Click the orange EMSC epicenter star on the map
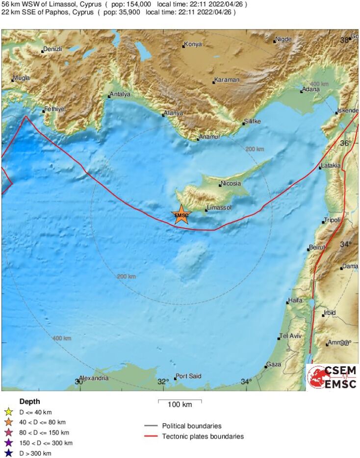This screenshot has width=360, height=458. pyautogui.click(x=181, y=215)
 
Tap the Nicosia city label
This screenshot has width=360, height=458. pyautogui.click(x=231, y=183)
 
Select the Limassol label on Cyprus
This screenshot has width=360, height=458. pyautogui.click(x=219, y=208)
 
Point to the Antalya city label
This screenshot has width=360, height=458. pyautogui.click(x=121, y=94)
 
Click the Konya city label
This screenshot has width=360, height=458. pyautogui.click(x=193, y=44)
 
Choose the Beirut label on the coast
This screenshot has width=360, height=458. pyautogui.click(x=317, y=247)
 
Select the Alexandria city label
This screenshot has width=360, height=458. pyautogui.click(x=94, y=378)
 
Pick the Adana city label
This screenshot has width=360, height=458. pyautogui.click(x=311, y=89)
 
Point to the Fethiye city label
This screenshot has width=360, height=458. pyautogui.click(x=54, y=109)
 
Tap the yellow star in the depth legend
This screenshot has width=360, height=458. pyautogui.click(x=8, y=412)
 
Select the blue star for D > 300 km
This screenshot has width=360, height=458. pyautogui.click(x=8, y=453)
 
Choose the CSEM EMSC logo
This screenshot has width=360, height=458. pyautogui.click(x=332, y=377)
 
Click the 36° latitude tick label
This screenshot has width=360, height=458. pyautogui.click(x=346, y=143)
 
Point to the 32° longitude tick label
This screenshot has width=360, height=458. pyautogui.click(x=163, y=382)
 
